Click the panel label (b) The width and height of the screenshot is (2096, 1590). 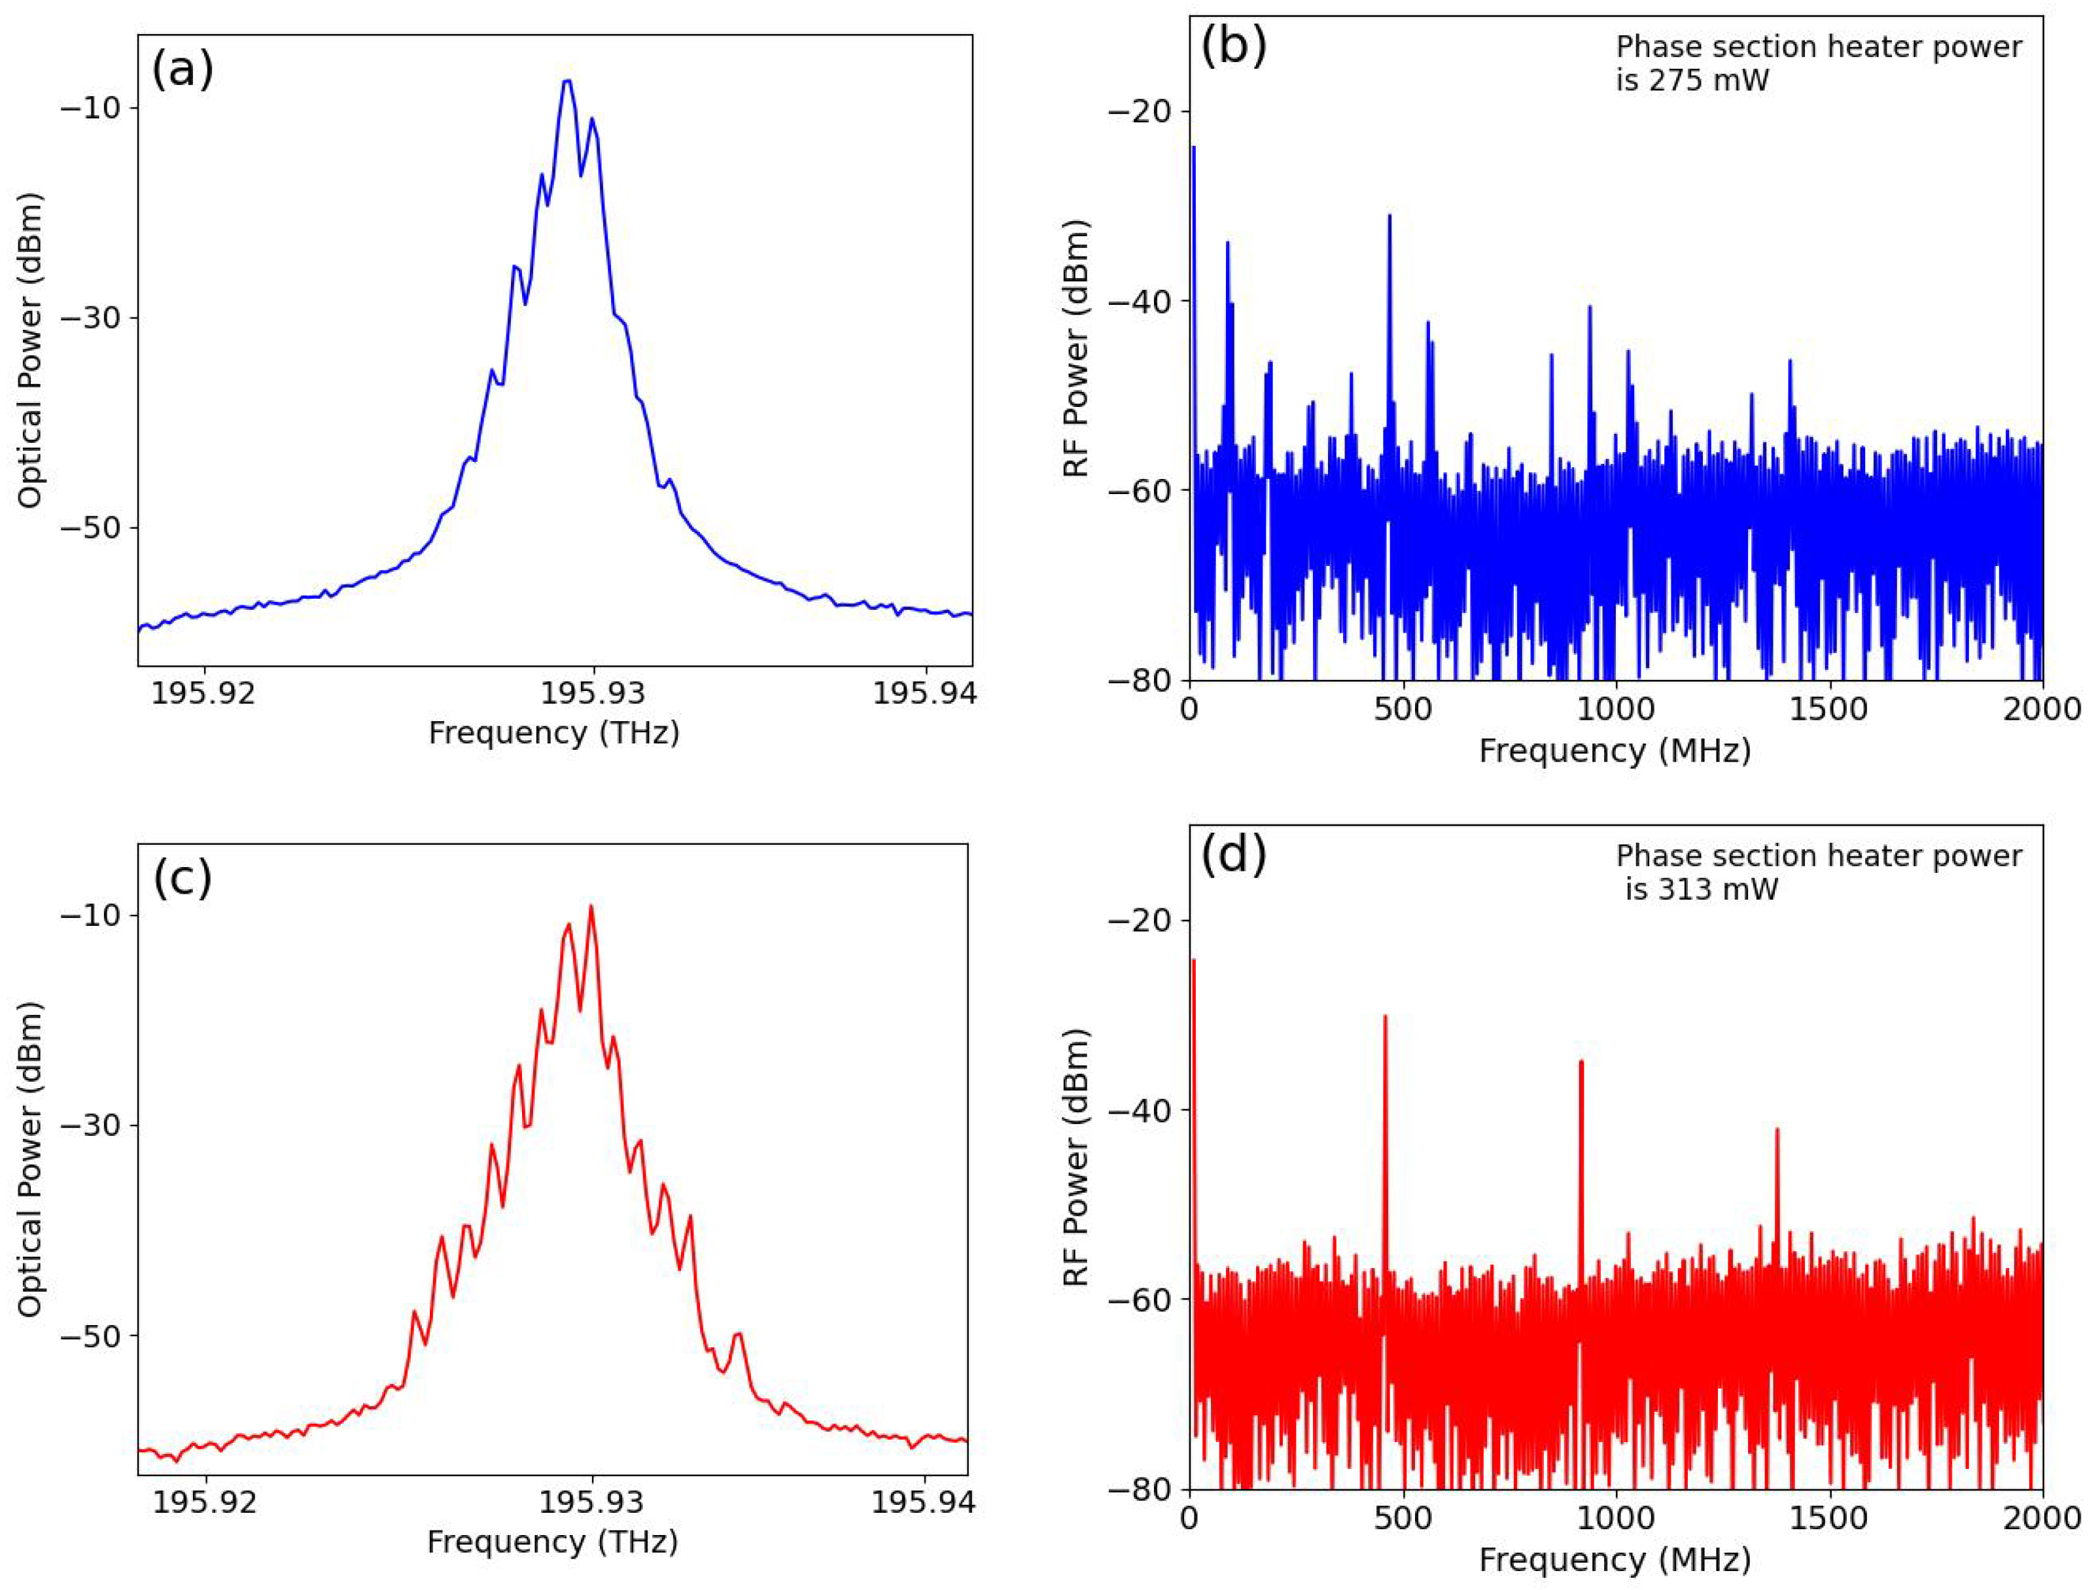coord(1232,46)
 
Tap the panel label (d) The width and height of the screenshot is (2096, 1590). coord(1232,855)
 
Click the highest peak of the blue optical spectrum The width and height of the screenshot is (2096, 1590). coord(567,82)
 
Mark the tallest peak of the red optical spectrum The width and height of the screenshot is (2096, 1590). coord(591,907)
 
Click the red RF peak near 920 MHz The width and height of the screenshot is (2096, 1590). coord(1581,1062)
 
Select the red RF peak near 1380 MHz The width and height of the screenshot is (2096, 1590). coord(1777,1129)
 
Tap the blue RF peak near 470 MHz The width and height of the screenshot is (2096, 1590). coord(1389,216)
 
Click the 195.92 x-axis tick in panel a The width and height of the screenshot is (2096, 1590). coord(203,694)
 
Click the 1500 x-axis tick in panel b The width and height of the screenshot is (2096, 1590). coord(1829,710)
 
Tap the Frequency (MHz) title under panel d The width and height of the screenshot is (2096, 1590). coord(1615,1560)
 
